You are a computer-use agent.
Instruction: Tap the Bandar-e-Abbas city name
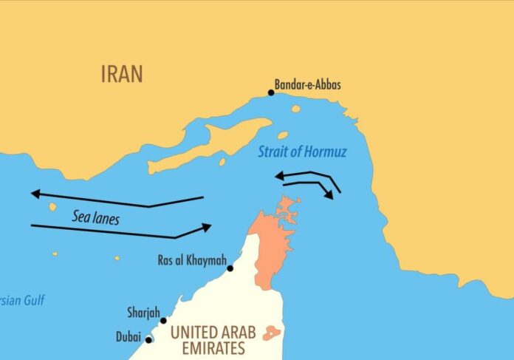pyautogui.click(x=308, y=84)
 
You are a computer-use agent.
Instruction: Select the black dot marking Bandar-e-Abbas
pyautogui.click(x=271, y=93)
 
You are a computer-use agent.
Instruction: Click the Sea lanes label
pyautogui.click(x=96, y=217)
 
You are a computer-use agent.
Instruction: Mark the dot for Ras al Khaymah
pyautogui.click(x=230, y=268)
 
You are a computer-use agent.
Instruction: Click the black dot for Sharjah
pyautogui.click(x=163, y=321)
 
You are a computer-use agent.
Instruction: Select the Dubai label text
pyautogui.click(x=128, y=336)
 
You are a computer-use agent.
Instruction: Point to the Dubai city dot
pyautogui.click(x=149, y=340)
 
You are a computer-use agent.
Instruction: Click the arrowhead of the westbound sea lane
pyautogui.click(x=35, y=194)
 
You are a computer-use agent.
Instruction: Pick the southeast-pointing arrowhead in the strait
pyautogui.click(x=330, y=194)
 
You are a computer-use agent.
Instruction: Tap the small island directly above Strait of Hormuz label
pyautogui.click(x=282, y=135)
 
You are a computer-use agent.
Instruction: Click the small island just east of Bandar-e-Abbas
pyautogui.click(x=295, y=109)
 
